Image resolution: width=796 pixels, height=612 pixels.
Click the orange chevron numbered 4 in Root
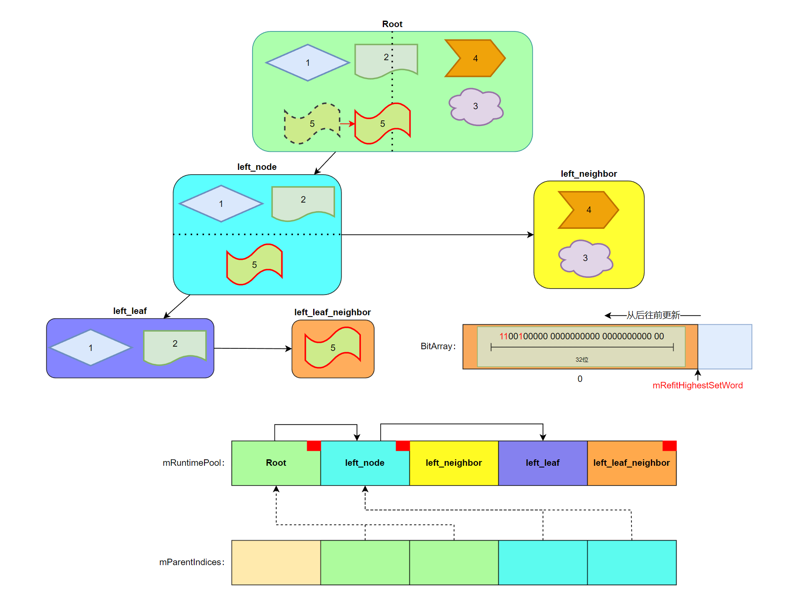(475, 58)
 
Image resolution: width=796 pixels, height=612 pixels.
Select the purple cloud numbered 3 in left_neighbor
(585, 258)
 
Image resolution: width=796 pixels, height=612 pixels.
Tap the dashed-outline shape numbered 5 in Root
(312, 124)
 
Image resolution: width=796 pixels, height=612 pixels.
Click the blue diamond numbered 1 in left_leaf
(91, 348)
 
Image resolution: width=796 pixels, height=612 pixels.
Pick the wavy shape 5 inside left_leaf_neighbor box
(332, 348)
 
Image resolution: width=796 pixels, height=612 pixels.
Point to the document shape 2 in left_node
(303, 202)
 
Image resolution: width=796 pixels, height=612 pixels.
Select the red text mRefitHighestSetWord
(697, 385)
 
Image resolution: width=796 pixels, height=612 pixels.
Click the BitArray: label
(438, 346)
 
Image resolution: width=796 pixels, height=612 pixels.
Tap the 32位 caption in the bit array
(582, 360)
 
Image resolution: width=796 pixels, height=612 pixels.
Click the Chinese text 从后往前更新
(653, 315)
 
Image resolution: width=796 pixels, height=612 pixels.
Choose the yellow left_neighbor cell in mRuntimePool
(454, 463)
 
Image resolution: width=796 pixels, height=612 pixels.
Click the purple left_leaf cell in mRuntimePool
(543, 463)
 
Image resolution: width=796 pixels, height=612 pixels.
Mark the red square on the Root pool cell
(314, 446)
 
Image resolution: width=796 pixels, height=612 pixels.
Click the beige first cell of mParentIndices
(276, 562)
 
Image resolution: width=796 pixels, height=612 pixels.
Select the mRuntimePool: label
(193, 463)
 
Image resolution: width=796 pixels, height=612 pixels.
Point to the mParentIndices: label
(192, 562)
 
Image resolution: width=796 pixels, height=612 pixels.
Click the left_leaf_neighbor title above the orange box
(332, 312)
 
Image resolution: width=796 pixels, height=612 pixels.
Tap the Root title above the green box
(392, 24)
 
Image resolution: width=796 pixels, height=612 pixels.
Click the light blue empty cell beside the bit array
(725, 347)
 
